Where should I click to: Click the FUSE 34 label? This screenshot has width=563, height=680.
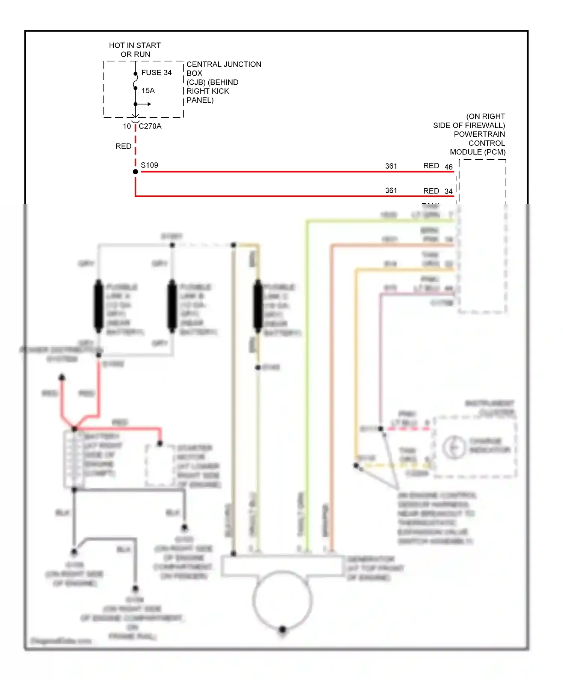pyautogui.click(x=156, y=73)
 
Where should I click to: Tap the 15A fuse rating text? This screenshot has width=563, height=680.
pyautogui.click(x=148, y=91)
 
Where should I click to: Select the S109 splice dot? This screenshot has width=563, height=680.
pyautogui.click(x=135, y=172)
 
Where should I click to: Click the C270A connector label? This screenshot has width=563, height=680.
pyautogui.click(x=150, y=126)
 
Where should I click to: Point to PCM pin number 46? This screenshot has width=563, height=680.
pyautogui.click(x=449, y=167)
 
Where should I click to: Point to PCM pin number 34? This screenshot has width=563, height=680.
pyautogui.click(x=449, y=191)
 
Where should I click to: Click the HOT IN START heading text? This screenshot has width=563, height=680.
pyautogui.click(x=135, y=45)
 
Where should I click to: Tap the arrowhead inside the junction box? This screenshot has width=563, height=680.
pyautogui.click(x=149, y=104)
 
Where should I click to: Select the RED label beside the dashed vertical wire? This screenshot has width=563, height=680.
pyautogui.click(x=123, y=146)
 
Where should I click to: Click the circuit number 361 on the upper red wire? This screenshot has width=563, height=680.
pyautogui.click(x=391, y=166)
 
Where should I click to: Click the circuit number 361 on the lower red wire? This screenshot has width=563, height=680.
pyautogui.click(x=391, y=190)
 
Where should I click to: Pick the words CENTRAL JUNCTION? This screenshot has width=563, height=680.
pyautogui.click(x=224, y=64)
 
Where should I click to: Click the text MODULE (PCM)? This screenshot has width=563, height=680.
pyautogui.click(x=478, y=152)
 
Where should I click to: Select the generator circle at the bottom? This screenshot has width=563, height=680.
pyautogui.click(x=282, y=600)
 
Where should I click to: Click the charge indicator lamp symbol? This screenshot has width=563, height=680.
pyautogui.click(x=454, y=447)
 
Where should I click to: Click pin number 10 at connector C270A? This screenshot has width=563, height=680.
pyautogui.click(x=127, y=126)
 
